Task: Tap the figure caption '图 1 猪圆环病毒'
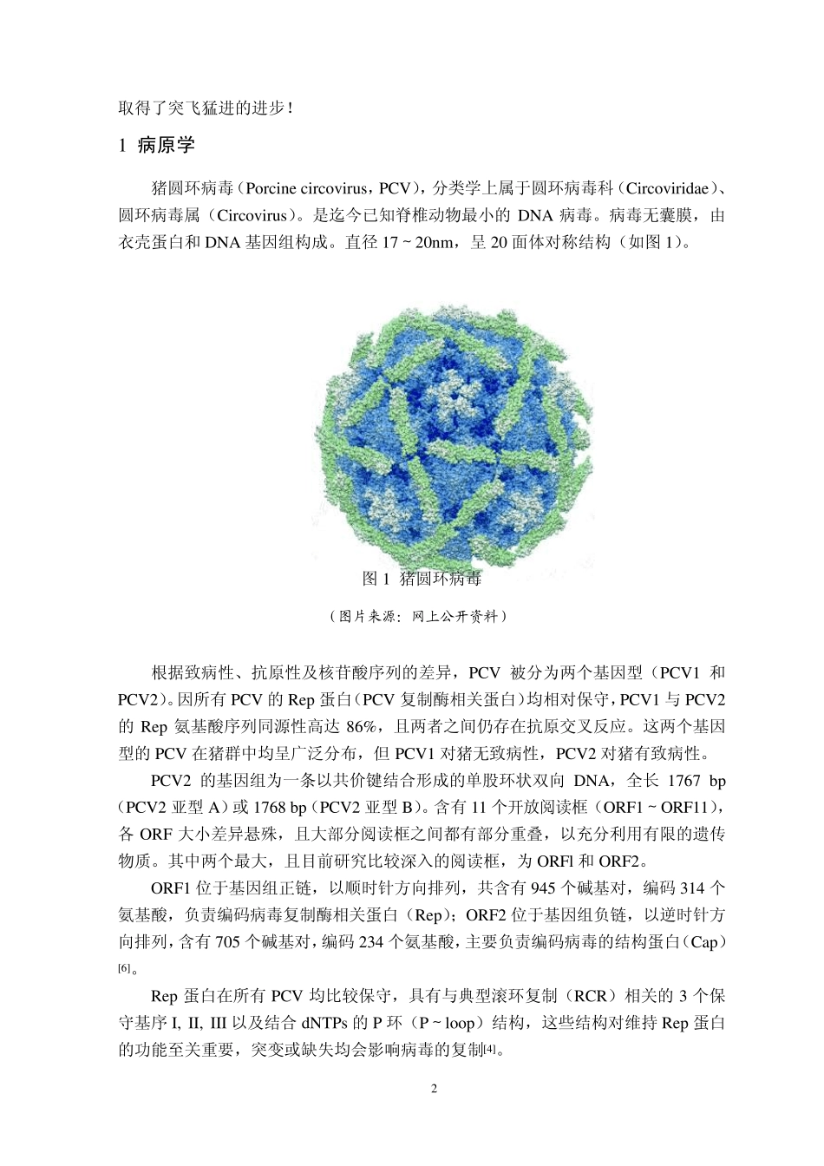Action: click(422, 578)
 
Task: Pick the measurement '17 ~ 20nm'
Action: click(419, 242)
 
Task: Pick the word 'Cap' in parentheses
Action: click(703, 942)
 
